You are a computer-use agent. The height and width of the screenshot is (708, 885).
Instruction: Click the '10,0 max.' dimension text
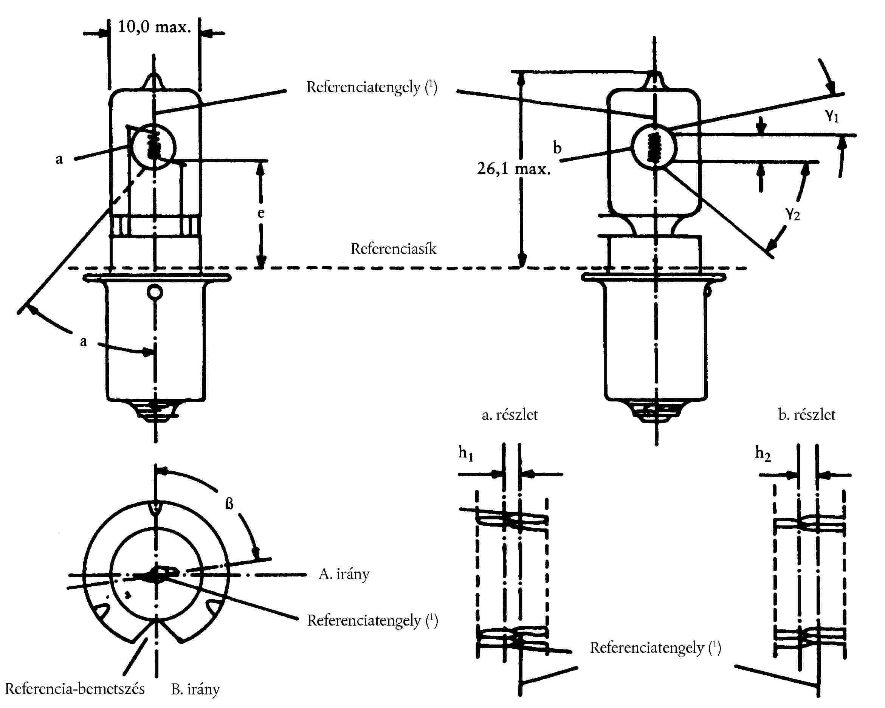tap(154, 27)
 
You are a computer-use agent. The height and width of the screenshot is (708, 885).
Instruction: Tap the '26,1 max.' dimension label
tap(513, 169)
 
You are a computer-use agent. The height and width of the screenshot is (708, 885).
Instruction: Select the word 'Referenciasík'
tap(393, 249)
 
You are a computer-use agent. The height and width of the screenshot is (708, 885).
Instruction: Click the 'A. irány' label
tap(344, 574)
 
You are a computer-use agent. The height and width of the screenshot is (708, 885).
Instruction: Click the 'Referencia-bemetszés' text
tap(75, 689)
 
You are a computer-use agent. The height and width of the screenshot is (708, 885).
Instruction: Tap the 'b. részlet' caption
tap(807, 415)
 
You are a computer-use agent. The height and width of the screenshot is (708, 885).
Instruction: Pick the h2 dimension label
tap(763, 454)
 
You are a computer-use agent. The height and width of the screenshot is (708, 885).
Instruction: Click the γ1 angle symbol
tap(832, 115)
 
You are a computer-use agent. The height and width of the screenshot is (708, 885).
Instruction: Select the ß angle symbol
tap(229, 504)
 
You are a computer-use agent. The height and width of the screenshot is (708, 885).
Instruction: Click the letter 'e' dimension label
tap(260, 213)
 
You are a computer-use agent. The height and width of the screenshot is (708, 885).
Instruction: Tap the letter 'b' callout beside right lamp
tap(557, 147)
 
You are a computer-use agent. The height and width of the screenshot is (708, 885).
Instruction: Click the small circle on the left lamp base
tap(155, 293)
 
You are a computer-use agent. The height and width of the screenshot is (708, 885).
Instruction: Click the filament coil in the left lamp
tap(154, 143)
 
